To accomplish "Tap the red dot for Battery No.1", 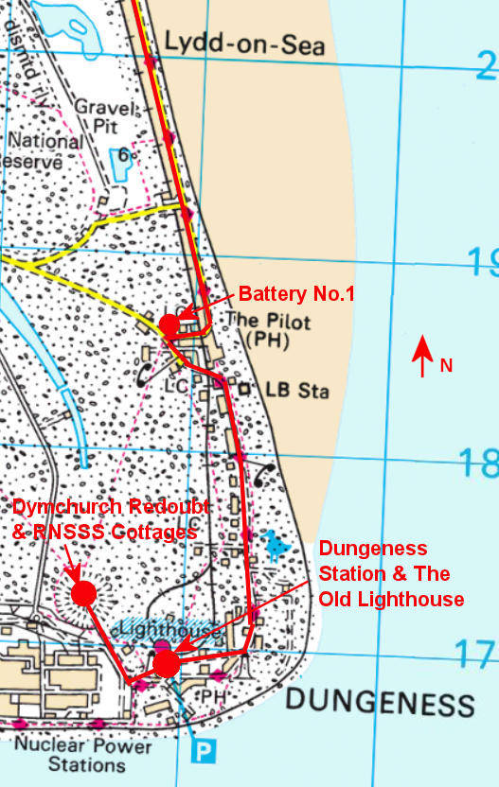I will coord(169,324).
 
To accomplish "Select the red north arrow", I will coord(422,359).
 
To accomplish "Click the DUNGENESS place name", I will coord(379,703).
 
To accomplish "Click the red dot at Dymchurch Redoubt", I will coord(84,593).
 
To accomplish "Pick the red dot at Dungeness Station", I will coord(166,664).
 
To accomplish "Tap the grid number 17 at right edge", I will coord(478,654).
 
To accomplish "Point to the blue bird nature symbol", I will coord(276,544).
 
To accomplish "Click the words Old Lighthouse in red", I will coord(391,599).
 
